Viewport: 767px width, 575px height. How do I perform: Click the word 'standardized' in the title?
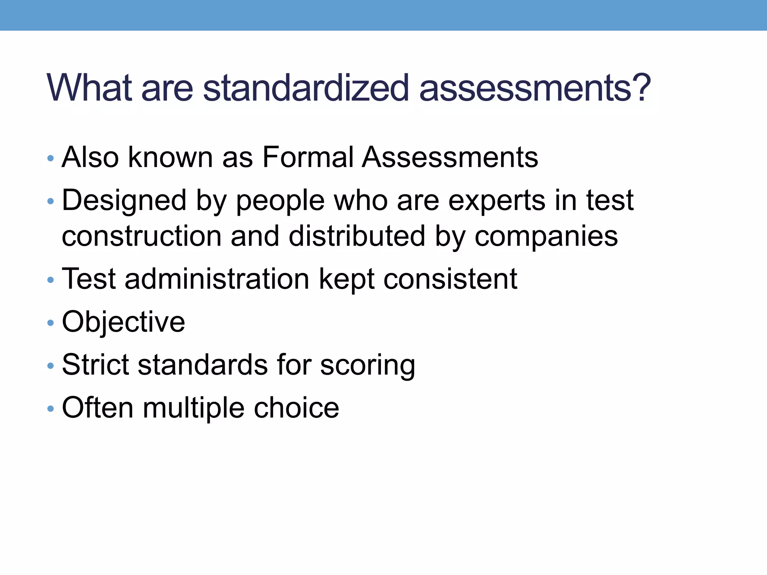coord(306,88)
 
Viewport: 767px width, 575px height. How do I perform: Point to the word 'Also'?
coord(90,157)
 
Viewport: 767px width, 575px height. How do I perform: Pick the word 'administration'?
coord(217,279)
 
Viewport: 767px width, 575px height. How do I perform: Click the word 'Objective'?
coord(123,322)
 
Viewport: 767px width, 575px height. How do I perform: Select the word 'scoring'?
coord(367,365)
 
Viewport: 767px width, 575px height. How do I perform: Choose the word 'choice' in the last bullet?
coord(296,408)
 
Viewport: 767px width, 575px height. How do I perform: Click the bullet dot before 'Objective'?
coord(51,323)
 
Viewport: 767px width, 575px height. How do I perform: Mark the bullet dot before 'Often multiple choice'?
coord(51,409)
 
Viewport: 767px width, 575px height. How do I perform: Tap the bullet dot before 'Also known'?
coord(51,158)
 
